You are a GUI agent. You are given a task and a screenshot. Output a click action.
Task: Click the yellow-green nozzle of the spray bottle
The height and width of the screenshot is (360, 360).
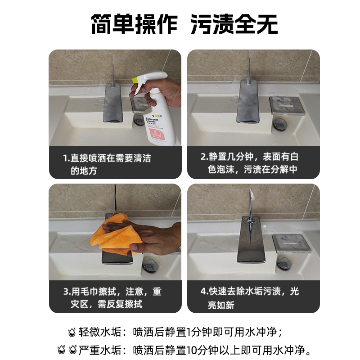(x=135, y=80)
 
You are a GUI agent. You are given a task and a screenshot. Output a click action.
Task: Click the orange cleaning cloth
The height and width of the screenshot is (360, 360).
(x=117, y=234)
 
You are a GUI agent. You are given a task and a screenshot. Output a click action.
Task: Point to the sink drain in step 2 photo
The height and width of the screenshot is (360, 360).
(x=279, y=125)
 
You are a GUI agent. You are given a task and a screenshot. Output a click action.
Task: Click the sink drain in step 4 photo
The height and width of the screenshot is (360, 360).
(x=284, y=264)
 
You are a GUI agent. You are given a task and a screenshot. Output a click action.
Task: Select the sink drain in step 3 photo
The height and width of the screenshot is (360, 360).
(x=150, y=265)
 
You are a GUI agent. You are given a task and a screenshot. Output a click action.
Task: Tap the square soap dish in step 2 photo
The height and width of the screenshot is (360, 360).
(x=287, y=105)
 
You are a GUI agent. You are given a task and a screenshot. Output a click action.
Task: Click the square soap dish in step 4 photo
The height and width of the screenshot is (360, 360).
(x=292, y=243)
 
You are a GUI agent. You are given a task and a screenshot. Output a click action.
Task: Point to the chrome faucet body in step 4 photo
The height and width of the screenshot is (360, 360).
(x=251, y=239)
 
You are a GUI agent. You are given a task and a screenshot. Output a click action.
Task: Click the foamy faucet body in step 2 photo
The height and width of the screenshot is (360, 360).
(x=248, y=101)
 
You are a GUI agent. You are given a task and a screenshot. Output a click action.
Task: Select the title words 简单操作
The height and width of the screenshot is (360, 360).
(x=134, y=24)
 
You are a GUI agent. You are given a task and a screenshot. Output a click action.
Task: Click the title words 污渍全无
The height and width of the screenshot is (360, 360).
(x=234, y=24)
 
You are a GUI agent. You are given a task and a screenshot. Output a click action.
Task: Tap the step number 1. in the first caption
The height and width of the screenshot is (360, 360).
(x=66, y=158)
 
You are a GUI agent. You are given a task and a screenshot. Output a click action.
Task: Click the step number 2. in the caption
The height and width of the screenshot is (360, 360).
(x=204, y=157)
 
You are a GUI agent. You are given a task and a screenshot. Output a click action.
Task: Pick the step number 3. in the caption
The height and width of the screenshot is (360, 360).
(x=67, y=292)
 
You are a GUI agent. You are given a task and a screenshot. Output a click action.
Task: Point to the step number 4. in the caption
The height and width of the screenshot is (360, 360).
(x=204, y=291)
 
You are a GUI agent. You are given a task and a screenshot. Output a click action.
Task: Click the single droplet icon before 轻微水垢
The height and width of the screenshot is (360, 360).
(x=72, y=332)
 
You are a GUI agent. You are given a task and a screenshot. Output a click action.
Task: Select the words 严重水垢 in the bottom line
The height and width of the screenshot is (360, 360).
(x=99, y=350)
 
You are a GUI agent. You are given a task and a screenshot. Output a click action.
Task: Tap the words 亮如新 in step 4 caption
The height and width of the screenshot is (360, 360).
(x=221, y=305)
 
